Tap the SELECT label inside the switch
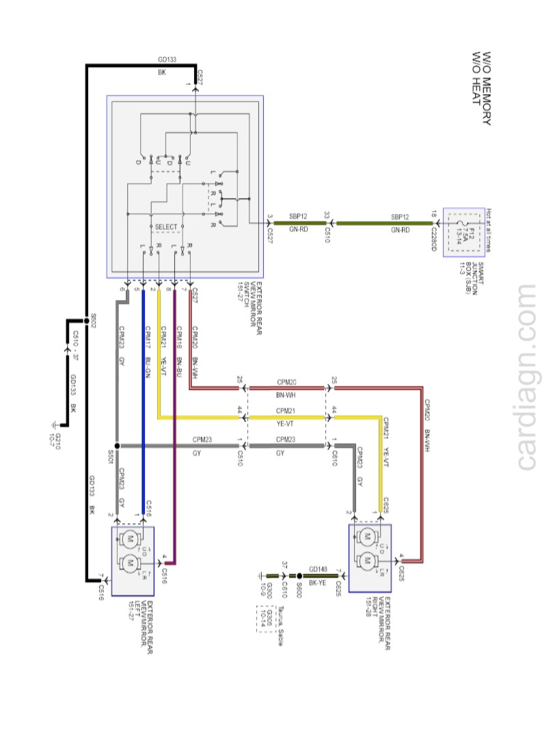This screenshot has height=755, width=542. [x=166, y=227]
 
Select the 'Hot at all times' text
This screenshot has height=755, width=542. [x=489, y=230]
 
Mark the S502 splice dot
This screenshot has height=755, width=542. [x=87, y=319]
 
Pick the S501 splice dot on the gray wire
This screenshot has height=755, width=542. [x=117, y=446]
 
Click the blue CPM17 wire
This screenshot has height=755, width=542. [x=144, y=410]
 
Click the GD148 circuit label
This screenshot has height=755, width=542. [x=319, y=569]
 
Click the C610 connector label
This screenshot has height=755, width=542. [x=334, y=453]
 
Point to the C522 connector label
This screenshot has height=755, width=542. [x=200, y=76]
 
